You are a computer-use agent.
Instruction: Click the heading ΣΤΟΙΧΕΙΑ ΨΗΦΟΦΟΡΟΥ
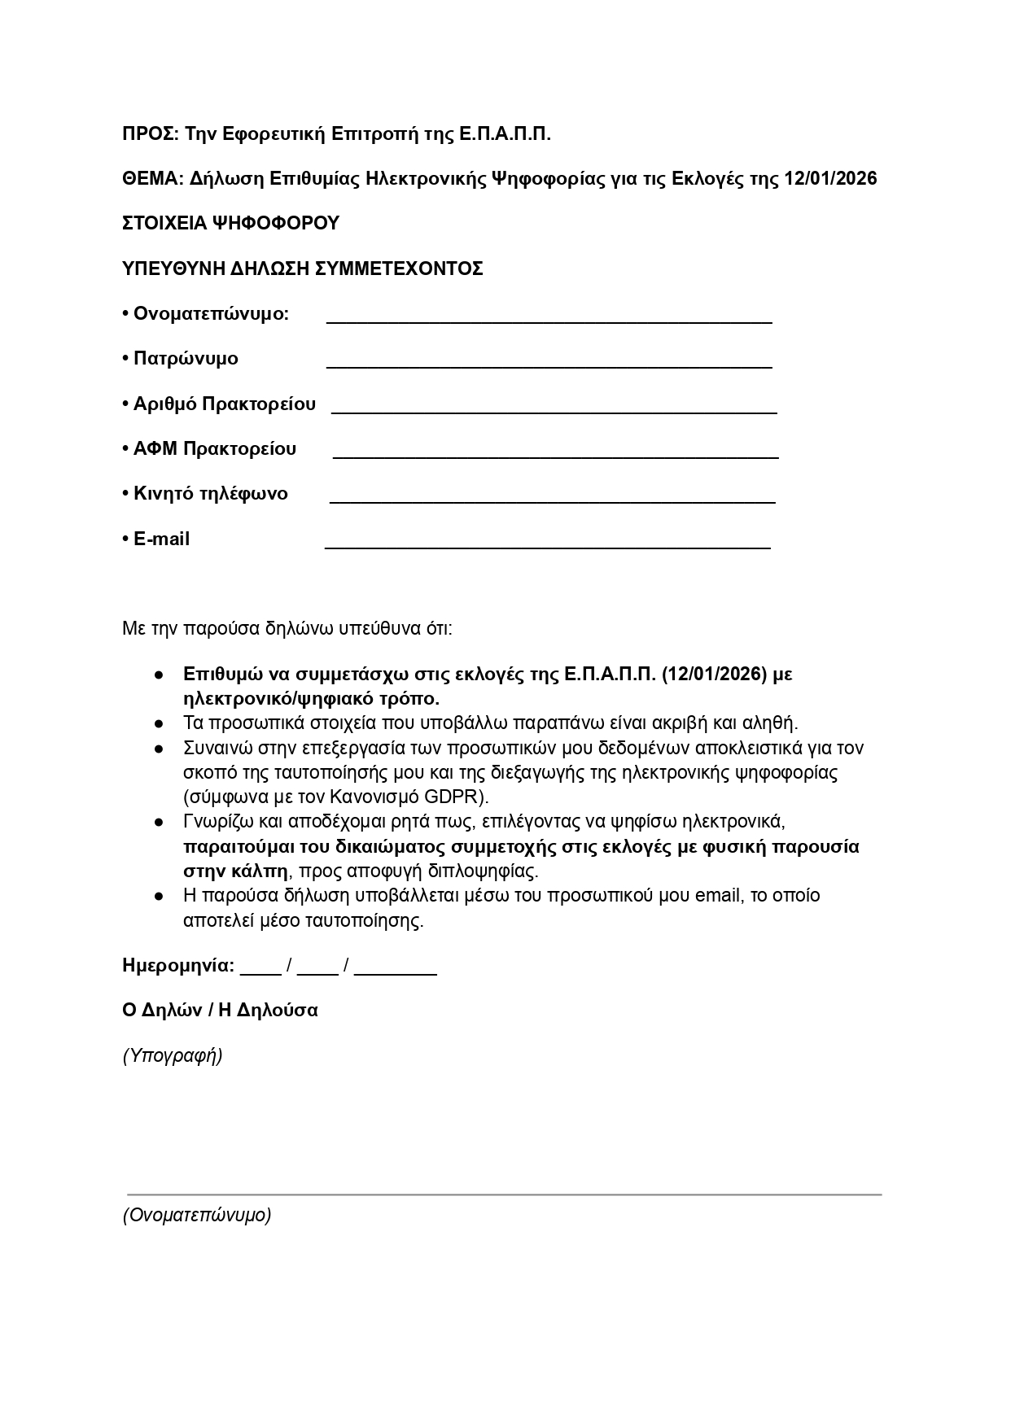click(230, 224)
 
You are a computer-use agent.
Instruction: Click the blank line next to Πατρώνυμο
click(549, 366)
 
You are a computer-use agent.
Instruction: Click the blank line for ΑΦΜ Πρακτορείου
click(555, 456)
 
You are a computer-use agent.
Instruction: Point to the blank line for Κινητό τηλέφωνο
click(552, 501)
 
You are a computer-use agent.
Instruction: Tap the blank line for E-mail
click(547, 547)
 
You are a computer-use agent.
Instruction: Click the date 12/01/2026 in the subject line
click(830, 179)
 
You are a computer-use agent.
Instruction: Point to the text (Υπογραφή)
click(173, 1056)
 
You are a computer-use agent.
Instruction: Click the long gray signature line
click(504, 1194)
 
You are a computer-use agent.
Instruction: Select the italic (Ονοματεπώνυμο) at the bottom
click(197, 1216)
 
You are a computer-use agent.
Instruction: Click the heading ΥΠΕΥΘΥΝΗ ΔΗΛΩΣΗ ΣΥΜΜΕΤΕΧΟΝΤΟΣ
click(303, 269)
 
